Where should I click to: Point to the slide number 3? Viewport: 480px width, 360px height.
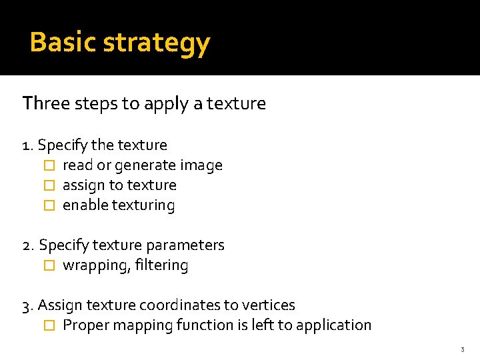click(461, 350)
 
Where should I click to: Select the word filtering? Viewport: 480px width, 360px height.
click(161, 265)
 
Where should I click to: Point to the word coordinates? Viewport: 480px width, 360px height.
click(180, 305)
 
